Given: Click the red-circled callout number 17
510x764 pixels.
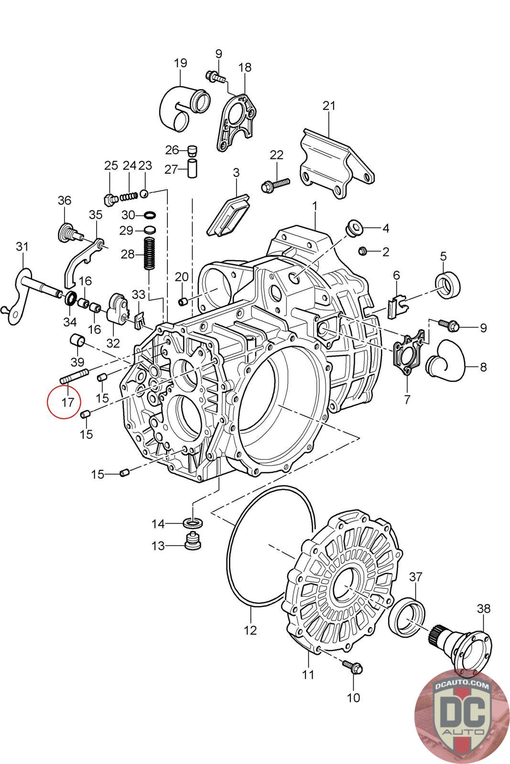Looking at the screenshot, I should (67, 402).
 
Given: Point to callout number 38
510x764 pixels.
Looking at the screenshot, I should (483, 608).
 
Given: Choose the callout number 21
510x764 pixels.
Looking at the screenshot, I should (329, 106).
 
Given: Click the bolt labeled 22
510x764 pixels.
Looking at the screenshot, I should (275, 184).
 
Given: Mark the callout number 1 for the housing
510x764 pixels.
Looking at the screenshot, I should (315, 206).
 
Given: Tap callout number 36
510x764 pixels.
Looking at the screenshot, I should (64, 201).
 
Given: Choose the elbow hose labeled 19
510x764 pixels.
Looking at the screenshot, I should (184, 108).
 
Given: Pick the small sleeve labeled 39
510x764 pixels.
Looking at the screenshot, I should (77, 341).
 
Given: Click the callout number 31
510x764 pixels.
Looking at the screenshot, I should (22, 247).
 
